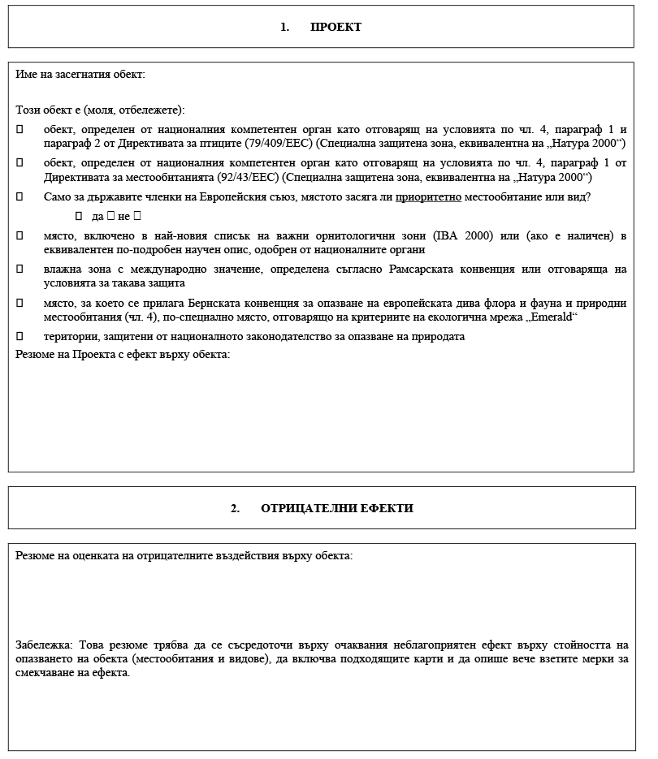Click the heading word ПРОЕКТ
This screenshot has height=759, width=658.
(x=335, y=27)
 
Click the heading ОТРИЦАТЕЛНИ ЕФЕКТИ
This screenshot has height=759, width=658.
(x=337, y=508)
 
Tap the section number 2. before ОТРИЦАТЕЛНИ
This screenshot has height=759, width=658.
(x=235, y=508)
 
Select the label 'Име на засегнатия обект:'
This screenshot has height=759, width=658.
(x=80, y=75)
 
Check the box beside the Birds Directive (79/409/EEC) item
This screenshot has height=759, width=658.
(x=19, y=130)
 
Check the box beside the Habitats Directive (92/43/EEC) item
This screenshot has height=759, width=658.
(x=19, y=163)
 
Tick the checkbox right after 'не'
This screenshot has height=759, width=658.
(x=136, y=216)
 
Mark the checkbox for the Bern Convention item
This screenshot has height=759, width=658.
(x=19, y=303)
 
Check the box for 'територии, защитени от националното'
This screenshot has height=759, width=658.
(x=19, y=336)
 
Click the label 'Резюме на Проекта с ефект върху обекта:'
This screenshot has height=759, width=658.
(x=123, y=354)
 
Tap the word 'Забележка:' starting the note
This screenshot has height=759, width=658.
(x=45, y=645)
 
